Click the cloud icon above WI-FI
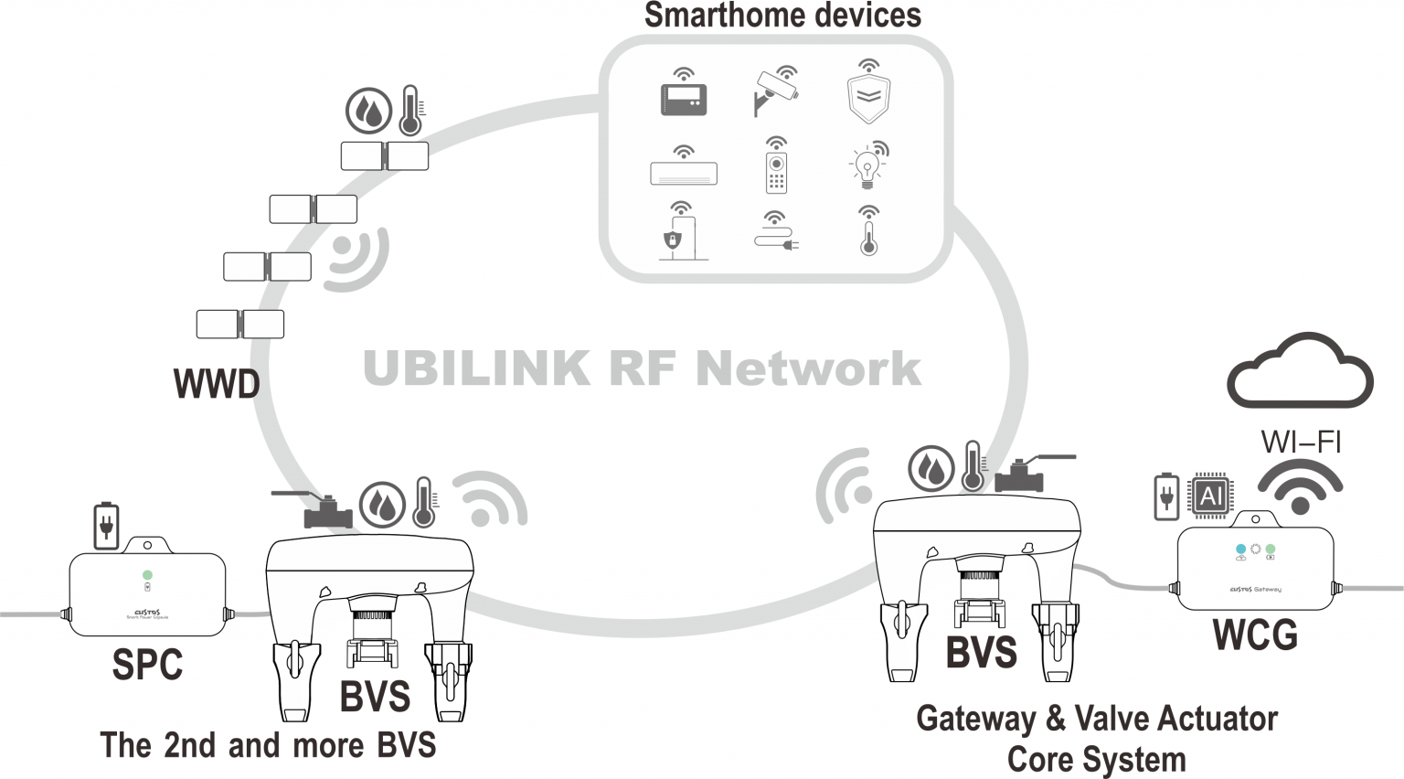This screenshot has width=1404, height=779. click(x=1299, y=372)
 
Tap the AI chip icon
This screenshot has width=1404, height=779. click(x=1210, y=496)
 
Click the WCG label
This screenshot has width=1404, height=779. click(x=1255, y=635)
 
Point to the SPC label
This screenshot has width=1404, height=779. click(x=147, y=665)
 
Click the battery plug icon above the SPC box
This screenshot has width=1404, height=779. click(x=107, y=526)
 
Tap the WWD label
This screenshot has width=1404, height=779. click(x=217, y=384)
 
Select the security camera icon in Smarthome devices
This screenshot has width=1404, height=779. click(x=776, y=90)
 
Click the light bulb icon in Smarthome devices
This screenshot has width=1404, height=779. click(x=867, y=165)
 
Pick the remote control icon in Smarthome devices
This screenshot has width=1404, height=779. click(x=776, y=166)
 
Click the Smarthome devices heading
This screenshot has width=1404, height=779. click(x=782, y=16)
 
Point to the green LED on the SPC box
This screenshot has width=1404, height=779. click(x=147, y=575)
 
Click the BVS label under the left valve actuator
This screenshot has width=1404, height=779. click(x=375, y=697)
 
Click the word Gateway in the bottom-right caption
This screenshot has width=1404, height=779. click(x=974, y=719)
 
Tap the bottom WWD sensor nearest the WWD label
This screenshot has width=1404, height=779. click(x=239, y=324)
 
